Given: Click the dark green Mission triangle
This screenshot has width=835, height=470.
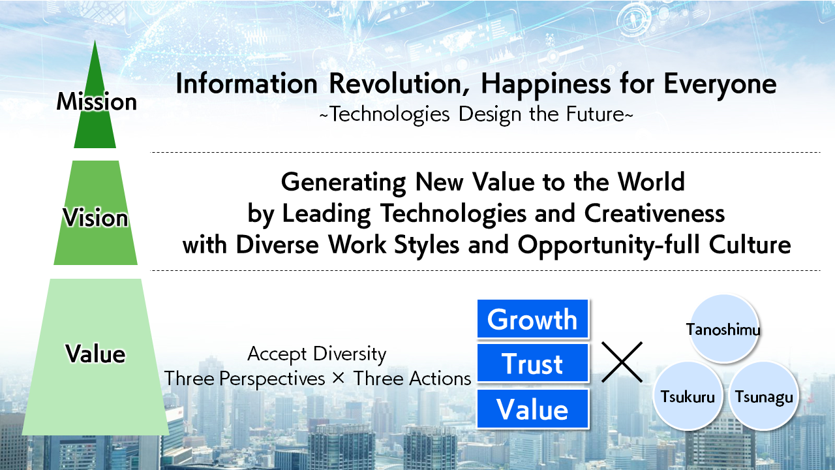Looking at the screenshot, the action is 95,112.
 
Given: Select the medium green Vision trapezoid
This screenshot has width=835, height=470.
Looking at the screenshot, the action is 95,213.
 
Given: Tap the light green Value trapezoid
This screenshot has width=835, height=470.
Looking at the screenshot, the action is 95,356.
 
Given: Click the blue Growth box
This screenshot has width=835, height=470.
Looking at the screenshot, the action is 533,319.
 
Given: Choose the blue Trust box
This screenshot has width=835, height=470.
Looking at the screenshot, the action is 533,364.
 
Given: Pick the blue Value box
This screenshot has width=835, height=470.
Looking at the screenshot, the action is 533,409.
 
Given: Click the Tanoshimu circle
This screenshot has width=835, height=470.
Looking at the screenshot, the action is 723,328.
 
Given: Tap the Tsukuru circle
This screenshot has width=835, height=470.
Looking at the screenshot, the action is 688,396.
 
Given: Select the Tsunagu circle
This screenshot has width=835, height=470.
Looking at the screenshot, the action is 764,396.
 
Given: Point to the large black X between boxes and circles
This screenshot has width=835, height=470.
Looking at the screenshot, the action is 622,362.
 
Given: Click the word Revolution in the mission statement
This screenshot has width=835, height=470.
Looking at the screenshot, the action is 395,84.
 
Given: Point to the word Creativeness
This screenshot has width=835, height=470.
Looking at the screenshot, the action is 654,213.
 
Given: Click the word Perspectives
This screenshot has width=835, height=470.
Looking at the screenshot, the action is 272,380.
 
